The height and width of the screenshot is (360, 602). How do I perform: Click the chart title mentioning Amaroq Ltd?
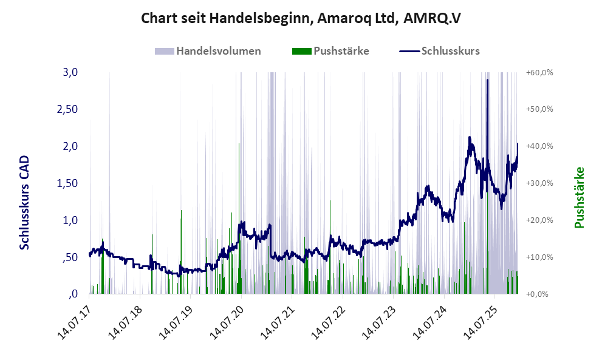tap(301, 18)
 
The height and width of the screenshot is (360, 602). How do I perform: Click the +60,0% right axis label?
tap(539, 72)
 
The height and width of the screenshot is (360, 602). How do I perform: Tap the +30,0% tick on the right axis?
tap(539, 183)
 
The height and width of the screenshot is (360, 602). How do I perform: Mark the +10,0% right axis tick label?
tap(539, 257)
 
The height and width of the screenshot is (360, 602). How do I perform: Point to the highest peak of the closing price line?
tap(487, 80)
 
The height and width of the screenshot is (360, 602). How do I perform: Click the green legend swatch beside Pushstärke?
tap(301, 51)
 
